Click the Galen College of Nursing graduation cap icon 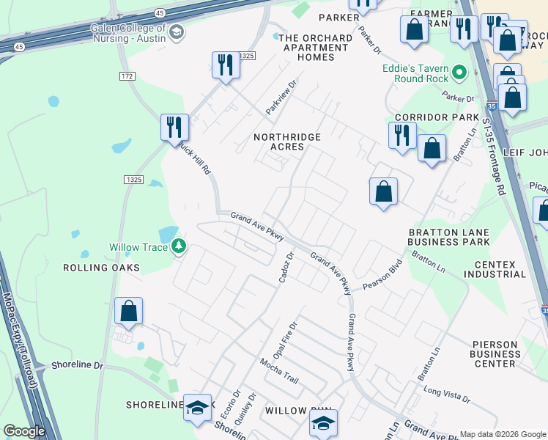point(177,32)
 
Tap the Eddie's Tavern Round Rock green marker point(460,73)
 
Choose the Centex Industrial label point(500,269)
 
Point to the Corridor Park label point(437,117)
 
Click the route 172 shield point(128,76)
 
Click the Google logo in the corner point(24,431)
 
